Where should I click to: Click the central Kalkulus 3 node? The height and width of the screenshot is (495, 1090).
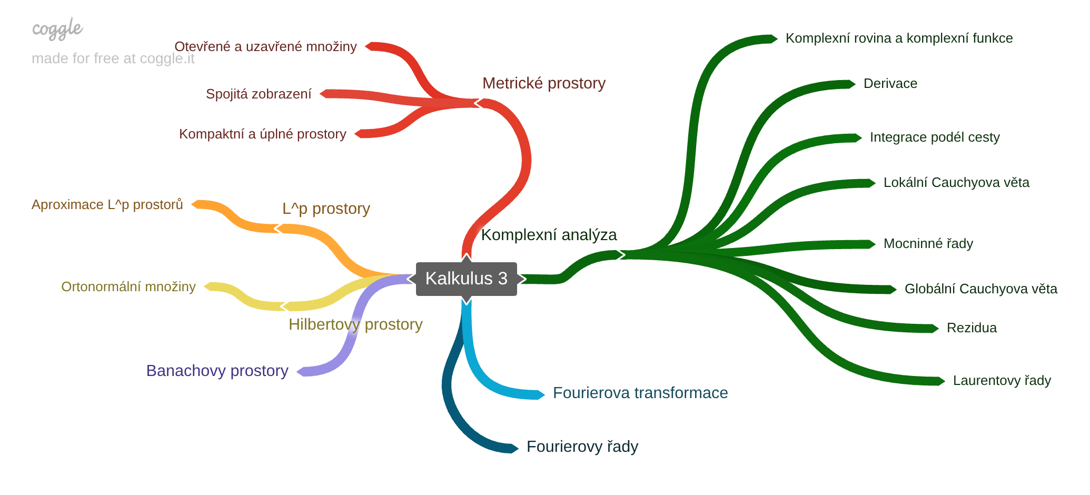pyautogui.click(x=466, y=279)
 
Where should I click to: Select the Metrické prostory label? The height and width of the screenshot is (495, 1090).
pyautogui.click(x=543, y=83)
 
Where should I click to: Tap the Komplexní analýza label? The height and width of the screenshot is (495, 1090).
pyautogui.click(x=549, y=235)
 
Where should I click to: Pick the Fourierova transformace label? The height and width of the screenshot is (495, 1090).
pyautogui.click(x=640, y=393)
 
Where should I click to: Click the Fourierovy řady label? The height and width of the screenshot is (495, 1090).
pyautogui.click(x=582, y=447)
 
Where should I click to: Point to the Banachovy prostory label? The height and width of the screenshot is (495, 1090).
pyautogui.click(x=217, y=371)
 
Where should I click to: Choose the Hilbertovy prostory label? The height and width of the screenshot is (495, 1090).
pyautogui.click(x=355, y=324)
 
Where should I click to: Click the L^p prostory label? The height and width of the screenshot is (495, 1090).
pyautogui.click(x=326, y=209)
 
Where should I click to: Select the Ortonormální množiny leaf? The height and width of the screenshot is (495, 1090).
pyautogui.click(x=128, y=286)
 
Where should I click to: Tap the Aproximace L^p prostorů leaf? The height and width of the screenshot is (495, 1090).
pyautogui.click(x=107, y=204)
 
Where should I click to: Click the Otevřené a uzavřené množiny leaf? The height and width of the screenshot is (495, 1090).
pyautogui.click(x=265, y=46)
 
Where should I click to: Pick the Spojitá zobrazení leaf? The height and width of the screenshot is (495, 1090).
pyautogui.click(x=259, y=94)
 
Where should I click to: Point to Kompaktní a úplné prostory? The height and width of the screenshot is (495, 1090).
pyautogui.click(x=262, y=134)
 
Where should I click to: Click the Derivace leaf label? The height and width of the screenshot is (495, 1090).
pyautogui.click(x=890, y=83)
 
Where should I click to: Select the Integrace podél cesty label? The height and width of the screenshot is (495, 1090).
pyautogui.click(x=934, y=137)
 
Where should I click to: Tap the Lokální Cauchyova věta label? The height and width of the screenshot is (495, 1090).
pyautogui.click(x=956, y=182)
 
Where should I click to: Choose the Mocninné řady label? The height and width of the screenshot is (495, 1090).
pyautogui.click(x=928, y=243)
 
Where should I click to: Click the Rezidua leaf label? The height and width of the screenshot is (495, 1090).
pyautogui.click(x=971, y=328)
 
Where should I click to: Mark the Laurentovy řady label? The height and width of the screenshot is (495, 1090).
pyautogui.click(x=1002, y=380)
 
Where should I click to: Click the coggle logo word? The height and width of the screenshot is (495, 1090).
pyautogui.click(x=57, y=29)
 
